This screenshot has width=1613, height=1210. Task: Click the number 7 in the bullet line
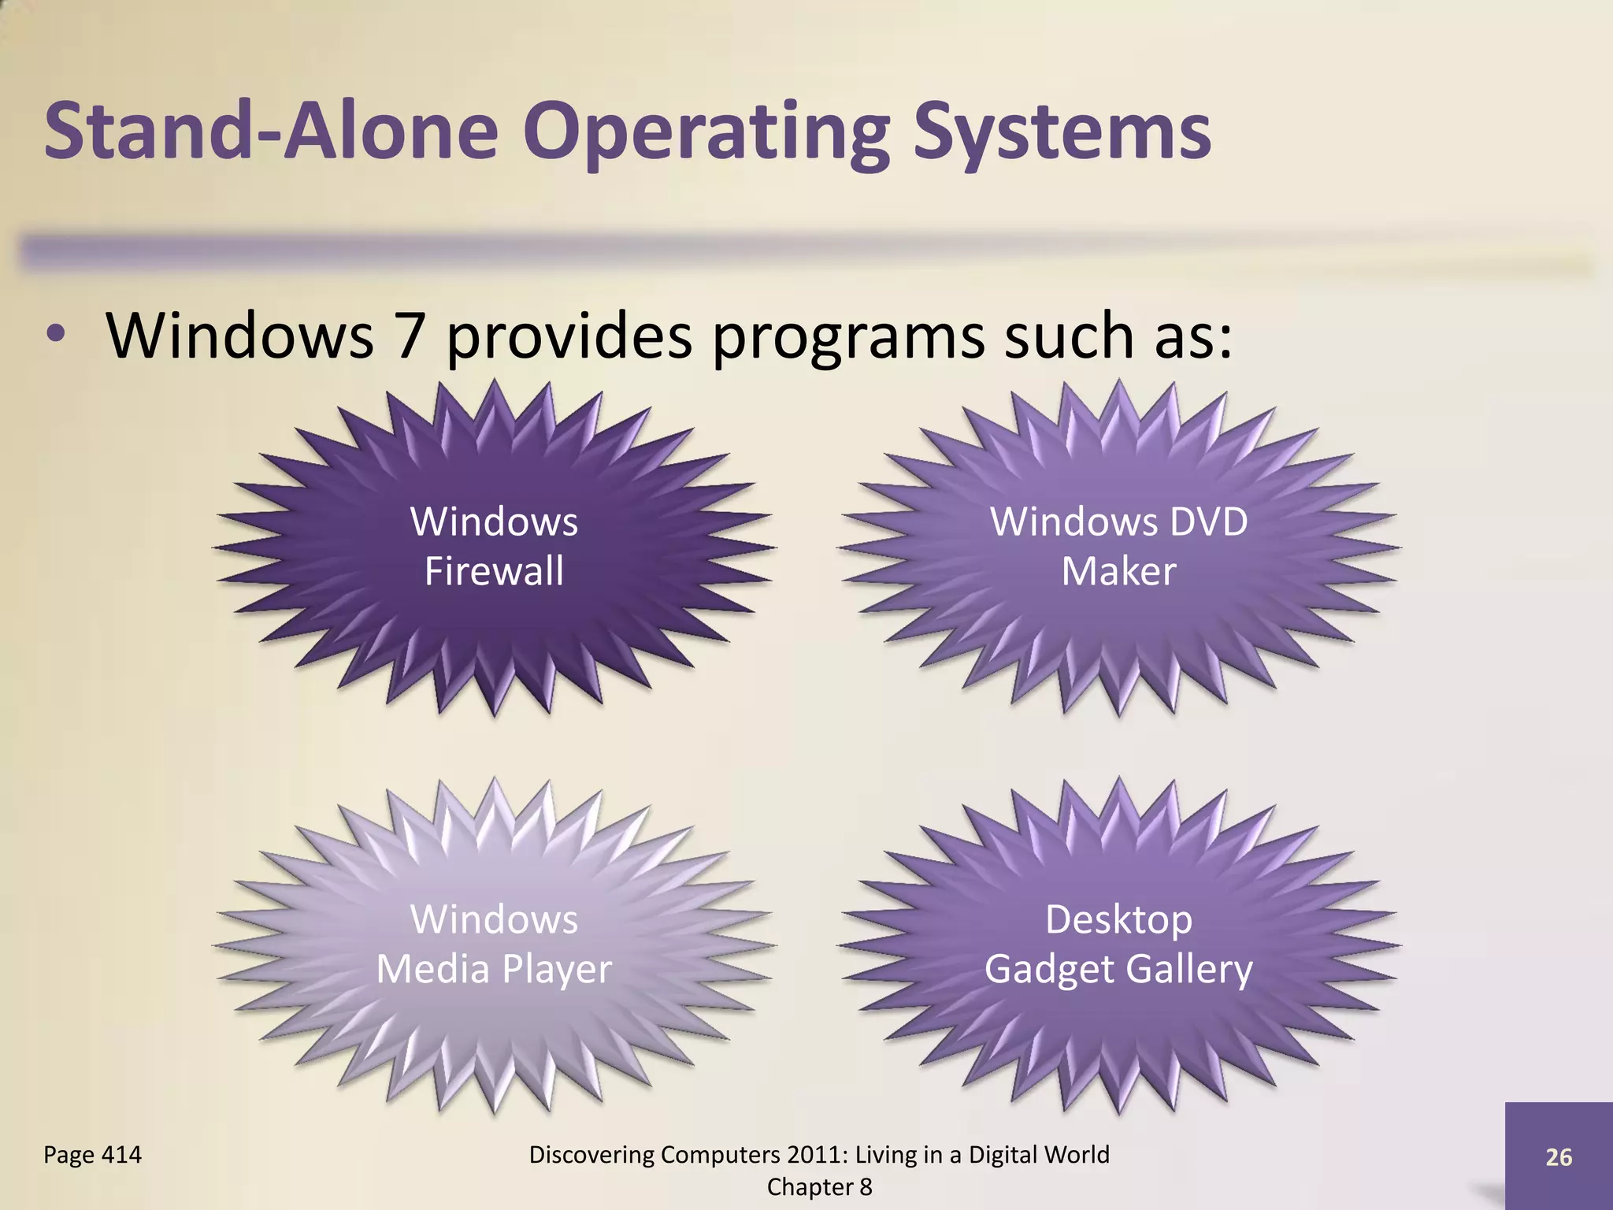(x=409, y=336)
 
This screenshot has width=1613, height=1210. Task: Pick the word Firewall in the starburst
(x=494, y=571)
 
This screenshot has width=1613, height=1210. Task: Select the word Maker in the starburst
(x=1118, y=571)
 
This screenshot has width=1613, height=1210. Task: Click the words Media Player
(x=494, y=969)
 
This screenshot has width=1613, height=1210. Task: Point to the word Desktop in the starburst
(x=1118, y=919)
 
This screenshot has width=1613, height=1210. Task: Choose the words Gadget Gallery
(x=1118, y=969)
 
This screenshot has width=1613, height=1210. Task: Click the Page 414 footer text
(x=92, y=1155)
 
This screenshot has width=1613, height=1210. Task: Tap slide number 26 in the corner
(x=1559, y=1157)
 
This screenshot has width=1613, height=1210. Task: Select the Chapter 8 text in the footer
(x=819, y=1187)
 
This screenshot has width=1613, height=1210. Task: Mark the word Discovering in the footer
(x=591, y=1155)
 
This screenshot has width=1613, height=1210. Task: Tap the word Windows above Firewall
(x=494, y=521)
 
